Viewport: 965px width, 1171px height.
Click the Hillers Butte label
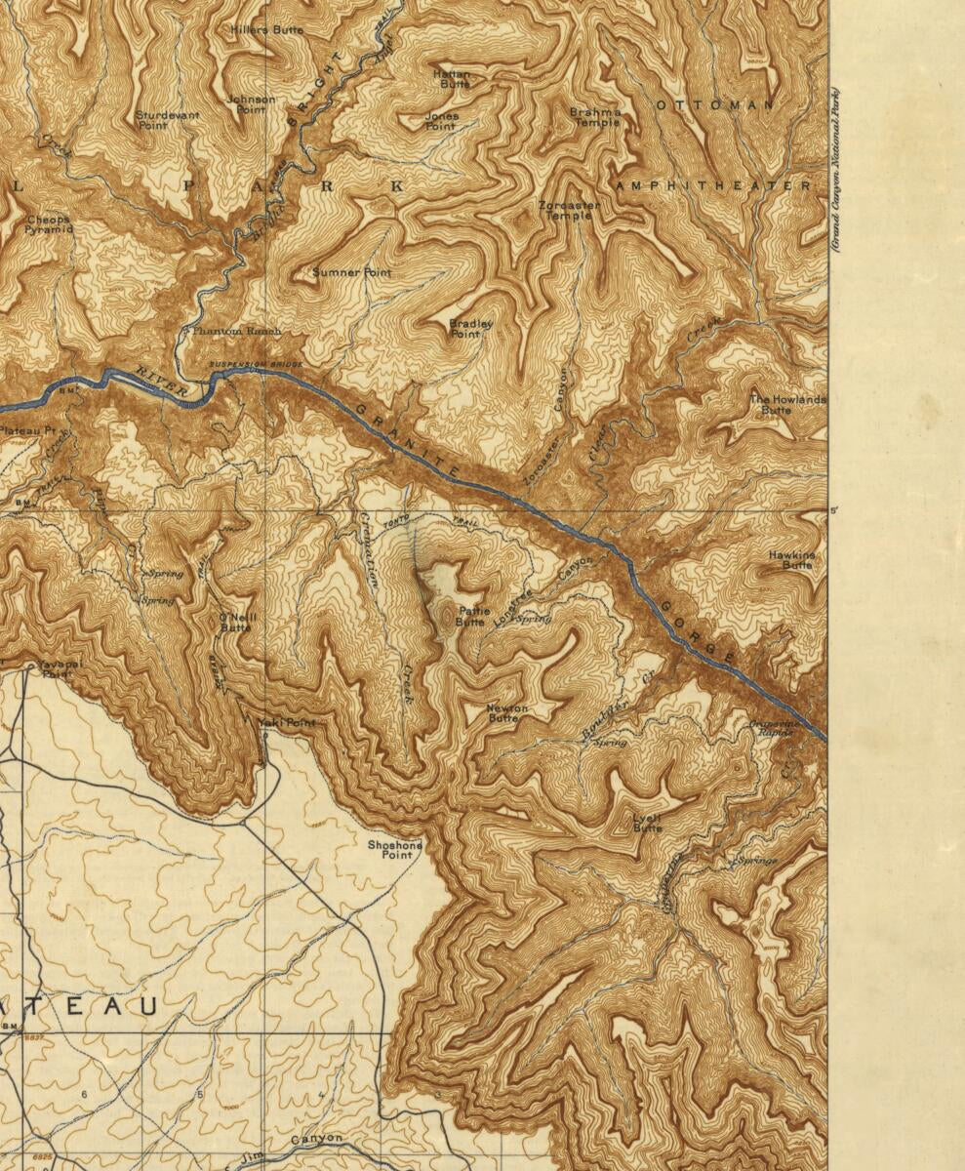tap(266, 30)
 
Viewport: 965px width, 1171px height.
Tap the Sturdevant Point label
tap(167, 120)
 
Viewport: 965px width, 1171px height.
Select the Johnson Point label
tap(251, 104)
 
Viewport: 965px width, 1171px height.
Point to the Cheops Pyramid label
tap(49, 224)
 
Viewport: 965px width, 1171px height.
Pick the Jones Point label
tap(441, 121)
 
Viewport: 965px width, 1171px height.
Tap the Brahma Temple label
tap(595, 117)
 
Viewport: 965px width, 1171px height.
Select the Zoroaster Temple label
tap(569, 211)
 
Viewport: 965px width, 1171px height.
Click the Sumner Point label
tap(351, 273)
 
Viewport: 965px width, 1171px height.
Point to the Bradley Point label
tap(470, 329)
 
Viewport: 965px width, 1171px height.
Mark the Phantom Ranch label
tap(236, 332)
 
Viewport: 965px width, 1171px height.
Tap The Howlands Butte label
tap(786, 405)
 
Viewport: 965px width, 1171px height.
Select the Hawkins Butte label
tap(791, 560)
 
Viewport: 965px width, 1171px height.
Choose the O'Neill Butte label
tap(235, 622)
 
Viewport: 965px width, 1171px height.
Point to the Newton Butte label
tap(506, 713)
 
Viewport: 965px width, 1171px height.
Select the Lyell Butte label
tap(647, 823)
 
